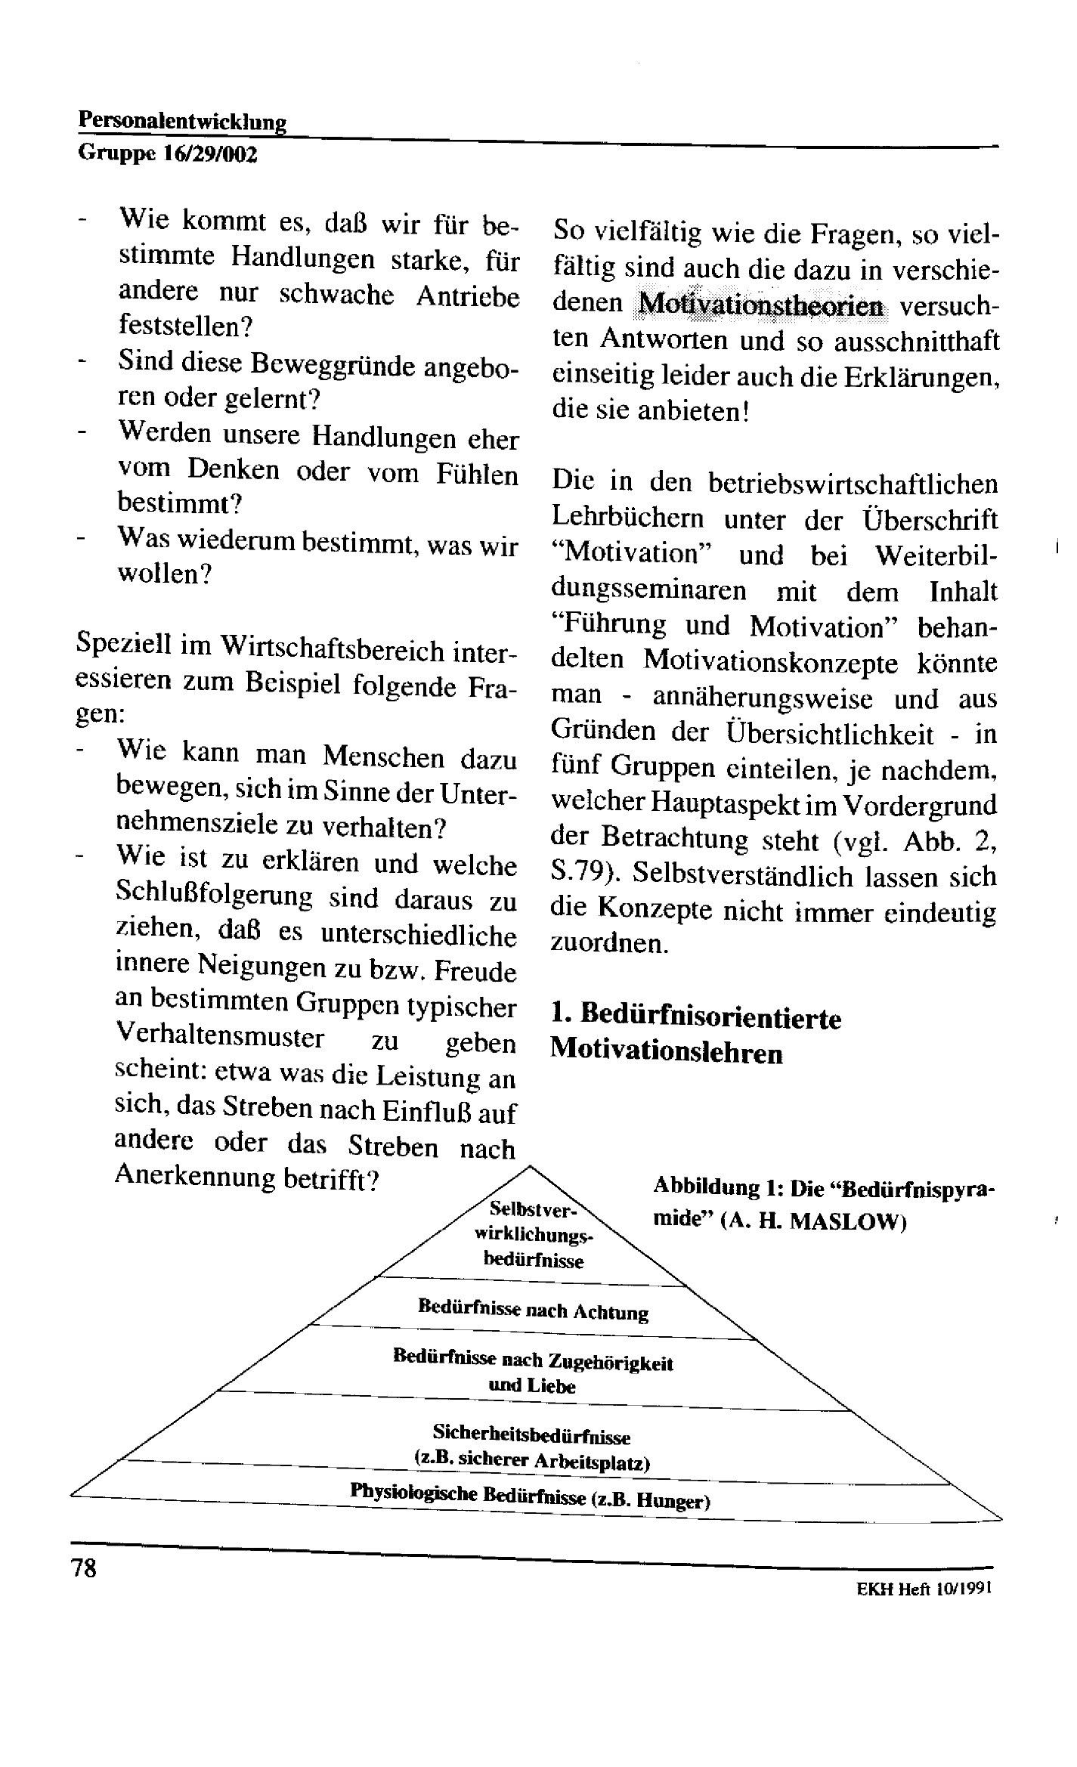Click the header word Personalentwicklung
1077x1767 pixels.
[182, 121]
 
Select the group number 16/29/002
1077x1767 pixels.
[211, 155]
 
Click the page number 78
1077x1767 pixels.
[84, 1568]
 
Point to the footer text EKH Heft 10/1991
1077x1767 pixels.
[923, 1589]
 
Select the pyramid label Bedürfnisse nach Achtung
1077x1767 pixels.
[533, 1310]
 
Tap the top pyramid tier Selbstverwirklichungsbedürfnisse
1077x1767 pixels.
[533, 1233]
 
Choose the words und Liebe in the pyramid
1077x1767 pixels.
[531, 1385]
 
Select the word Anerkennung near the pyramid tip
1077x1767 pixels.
[194, 1177]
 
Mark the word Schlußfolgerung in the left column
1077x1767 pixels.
[214, 897]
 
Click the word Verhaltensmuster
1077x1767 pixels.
[219, 1036]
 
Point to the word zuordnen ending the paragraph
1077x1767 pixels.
[608, 945]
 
